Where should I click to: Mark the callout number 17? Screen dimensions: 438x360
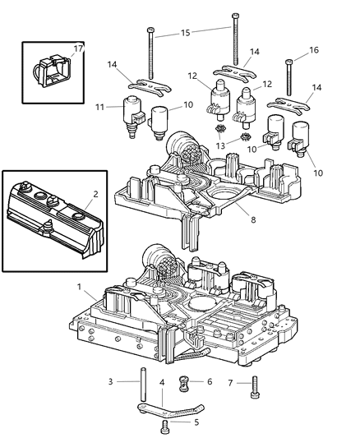pyautogui.click(x=78, y=48)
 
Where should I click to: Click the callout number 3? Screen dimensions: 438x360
pyautogui.click(x=108, y=382)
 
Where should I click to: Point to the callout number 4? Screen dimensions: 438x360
pyautogui.click(x=163, y=382)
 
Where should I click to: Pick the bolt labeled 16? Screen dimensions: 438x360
pyautogui.click(x=289, y=78)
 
